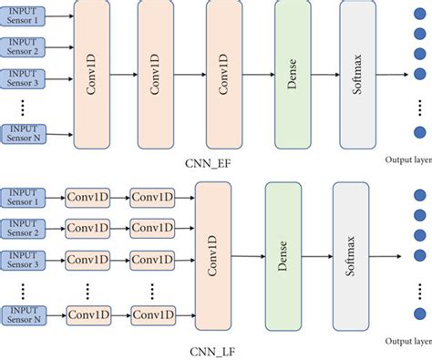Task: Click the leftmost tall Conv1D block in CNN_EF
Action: (x=89, y=75)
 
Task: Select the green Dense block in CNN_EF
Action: (x=292, y=75)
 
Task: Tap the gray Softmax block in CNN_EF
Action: (x=357, y=75)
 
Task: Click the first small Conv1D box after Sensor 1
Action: (x=87, y=198)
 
